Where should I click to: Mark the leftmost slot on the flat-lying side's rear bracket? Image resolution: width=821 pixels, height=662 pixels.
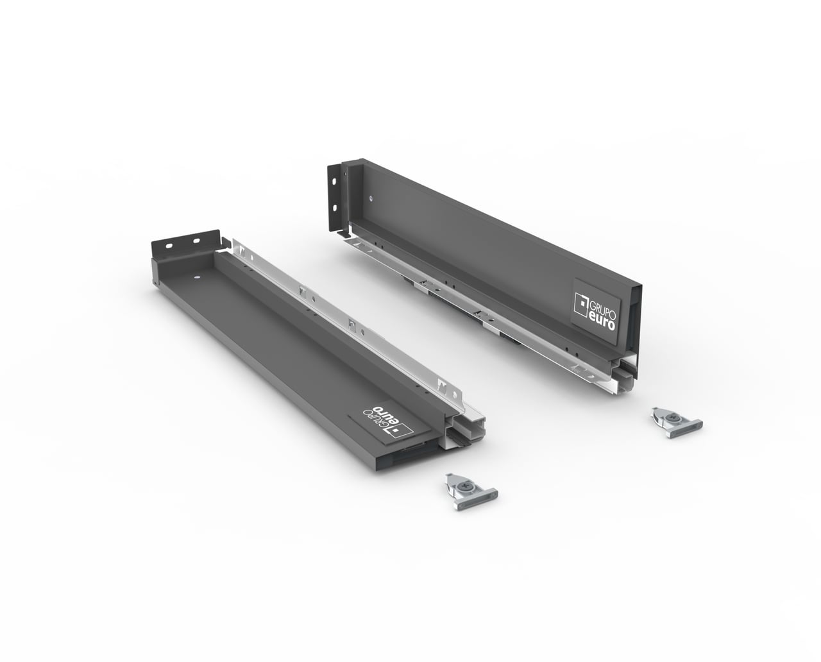tap(169, 246)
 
